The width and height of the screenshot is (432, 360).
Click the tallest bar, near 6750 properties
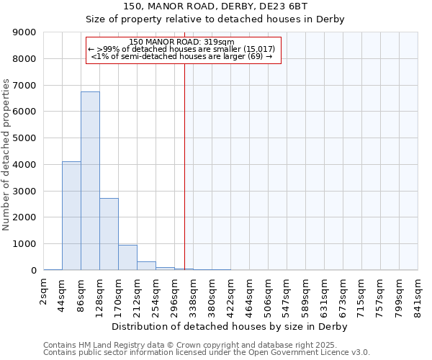pyautogui.click(x=90, y=180)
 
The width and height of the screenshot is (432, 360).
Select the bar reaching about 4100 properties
pyautogui.click(x=71, y=216)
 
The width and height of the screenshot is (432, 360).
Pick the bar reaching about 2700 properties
pyautogui.click(x=109, y=234)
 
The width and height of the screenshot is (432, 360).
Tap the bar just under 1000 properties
pyautogui.click(x=127, y=257)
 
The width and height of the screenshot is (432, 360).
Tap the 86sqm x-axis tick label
pyautogui.click(x=81, y=295)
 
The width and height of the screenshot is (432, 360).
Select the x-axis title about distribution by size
pyautogui.click(x=230, y=327)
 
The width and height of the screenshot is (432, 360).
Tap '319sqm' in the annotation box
pyautogui.click(x=221, y=42)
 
